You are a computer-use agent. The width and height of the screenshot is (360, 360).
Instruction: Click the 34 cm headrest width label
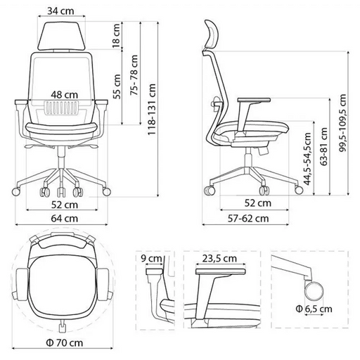click(x=60, y=11)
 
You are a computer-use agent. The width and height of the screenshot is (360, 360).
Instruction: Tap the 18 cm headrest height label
click(x=116, y=35)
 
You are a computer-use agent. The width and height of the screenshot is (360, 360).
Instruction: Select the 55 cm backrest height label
click(x=117, y=86)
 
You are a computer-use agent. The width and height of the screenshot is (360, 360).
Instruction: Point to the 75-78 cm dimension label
click(x=134, y=75)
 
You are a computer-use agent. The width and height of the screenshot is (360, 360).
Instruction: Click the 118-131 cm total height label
click(x=152, y=109)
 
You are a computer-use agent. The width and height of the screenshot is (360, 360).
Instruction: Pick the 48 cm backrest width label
click(x=65, y=95)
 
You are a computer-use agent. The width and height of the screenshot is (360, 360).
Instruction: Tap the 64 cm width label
click(x=65, y=219)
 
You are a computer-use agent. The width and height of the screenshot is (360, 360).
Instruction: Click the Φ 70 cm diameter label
click(x=65, y=342)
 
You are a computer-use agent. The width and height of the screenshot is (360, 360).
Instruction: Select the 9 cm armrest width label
click(x=151, y=258)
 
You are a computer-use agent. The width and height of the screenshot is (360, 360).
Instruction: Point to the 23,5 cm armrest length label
click(x=219, y=258)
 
